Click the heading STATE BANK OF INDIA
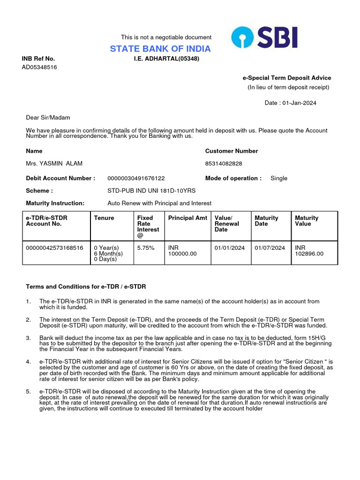[160, 49]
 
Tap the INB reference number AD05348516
[39, 67]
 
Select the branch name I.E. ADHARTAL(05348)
[166, 59]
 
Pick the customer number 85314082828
[224, 164]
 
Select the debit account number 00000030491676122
[136, 178]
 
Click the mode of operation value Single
[279, 178]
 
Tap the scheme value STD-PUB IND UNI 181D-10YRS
[151, 191]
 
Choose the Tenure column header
[104, 218]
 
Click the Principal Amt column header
[187, 218]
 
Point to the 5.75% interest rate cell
[146, 248]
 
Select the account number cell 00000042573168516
[55, 248]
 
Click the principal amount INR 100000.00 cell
[182, 251]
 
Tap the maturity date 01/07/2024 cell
[270, 248]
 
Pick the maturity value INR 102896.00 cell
[309, 251]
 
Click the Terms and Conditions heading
[89, 286]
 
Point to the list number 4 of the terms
[28, 361]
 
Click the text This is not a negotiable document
[166, 37]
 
